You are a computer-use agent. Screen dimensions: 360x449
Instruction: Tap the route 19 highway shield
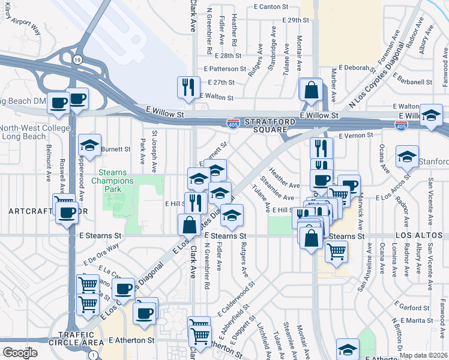click(77, 59)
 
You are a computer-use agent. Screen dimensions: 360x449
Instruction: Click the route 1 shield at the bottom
click(91, 355)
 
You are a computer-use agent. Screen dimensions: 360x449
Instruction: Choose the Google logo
click(19, 353)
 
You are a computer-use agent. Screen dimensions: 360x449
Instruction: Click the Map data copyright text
click(423, 355)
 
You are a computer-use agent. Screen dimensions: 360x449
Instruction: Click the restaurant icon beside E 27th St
click(188, 86)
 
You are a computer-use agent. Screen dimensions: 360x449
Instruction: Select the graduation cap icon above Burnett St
click(89, 145)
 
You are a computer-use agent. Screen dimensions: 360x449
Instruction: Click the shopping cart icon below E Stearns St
click(336, 251)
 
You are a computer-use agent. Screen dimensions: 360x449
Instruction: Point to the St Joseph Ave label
click(154, 152)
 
